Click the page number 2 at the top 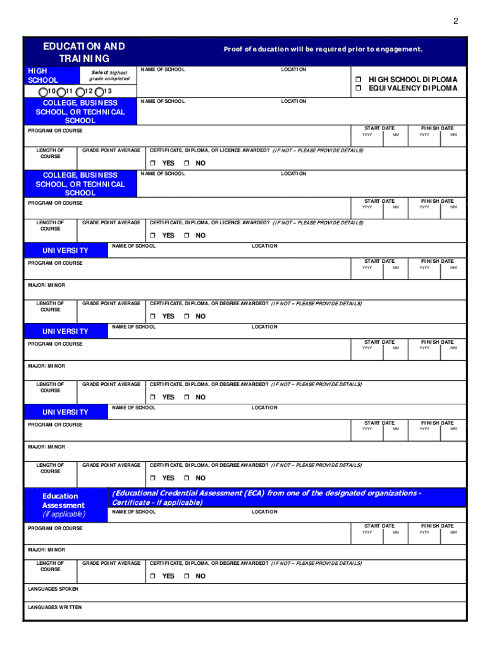[455, 21]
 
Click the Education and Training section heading [84, 52]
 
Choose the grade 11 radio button [53, 92]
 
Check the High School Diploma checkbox [357, 80]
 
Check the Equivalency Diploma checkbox [357, 88]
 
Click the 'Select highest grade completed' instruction [109, 75]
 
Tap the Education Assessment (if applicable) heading [63, 505]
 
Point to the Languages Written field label [54, 607]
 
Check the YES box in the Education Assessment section [152, 576]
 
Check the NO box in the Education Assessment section [187, 576]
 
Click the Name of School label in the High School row [163, 70]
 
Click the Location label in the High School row [293, 70]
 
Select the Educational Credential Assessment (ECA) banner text [266, 497]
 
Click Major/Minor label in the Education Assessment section [46, 550]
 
